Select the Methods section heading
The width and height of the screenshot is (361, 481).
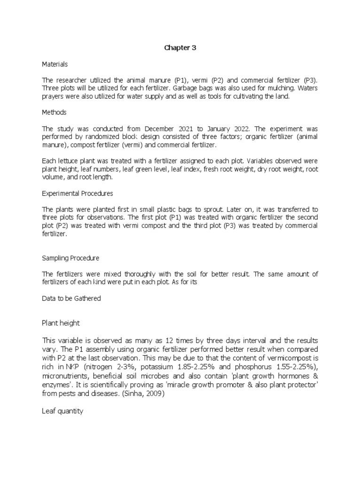54,112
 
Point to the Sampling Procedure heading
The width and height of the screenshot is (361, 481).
71,258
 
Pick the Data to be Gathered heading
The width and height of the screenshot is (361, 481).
71,298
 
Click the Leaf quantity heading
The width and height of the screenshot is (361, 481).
63,411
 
